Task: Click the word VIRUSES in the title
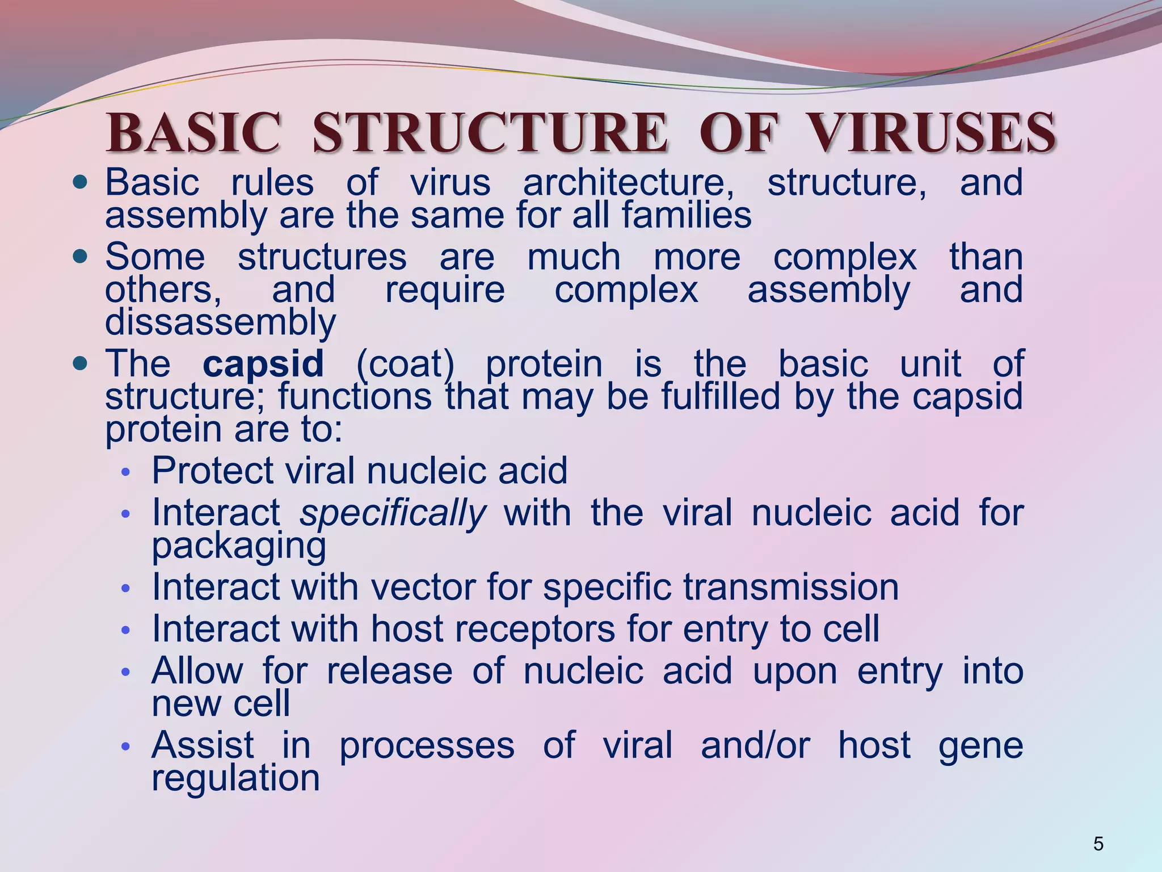click(x=932, y=133)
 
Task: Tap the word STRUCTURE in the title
click(x=489, y=133)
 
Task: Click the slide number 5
click(x=1098, y=844)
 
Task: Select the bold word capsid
click(x=263, y=363)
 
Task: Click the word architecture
click(x=628, y=183)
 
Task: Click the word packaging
click(x=239, y=546)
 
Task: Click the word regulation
click(x=235, y=778)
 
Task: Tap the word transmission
click(x=791, y=587)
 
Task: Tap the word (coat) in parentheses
click(x=405, y=364)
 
